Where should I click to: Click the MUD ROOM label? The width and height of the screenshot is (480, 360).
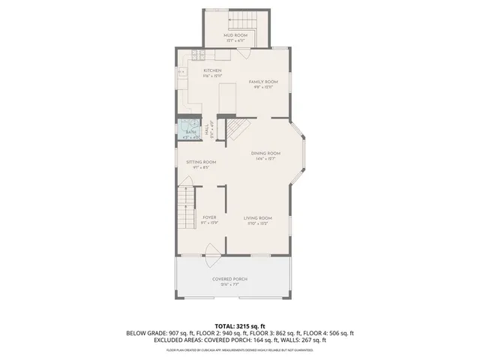tap(236, 35)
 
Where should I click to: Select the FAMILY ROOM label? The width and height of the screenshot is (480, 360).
tap(263, 81)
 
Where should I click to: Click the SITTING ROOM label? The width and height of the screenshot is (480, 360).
tap(201, 162)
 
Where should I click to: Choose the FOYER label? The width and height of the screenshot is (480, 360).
tap(209, 217)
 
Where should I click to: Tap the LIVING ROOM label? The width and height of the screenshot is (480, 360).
tap(257, 218)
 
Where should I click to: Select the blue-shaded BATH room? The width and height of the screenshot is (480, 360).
tap(190, 130)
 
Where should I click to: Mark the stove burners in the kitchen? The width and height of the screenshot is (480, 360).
tap(196, 54)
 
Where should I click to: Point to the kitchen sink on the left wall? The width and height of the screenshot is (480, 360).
tap(182, 72)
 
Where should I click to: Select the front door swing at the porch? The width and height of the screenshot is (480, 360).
tap(213, 251)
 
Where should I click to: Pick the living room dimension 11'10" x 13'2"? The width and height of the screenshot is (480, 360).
tap(257, 223)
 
